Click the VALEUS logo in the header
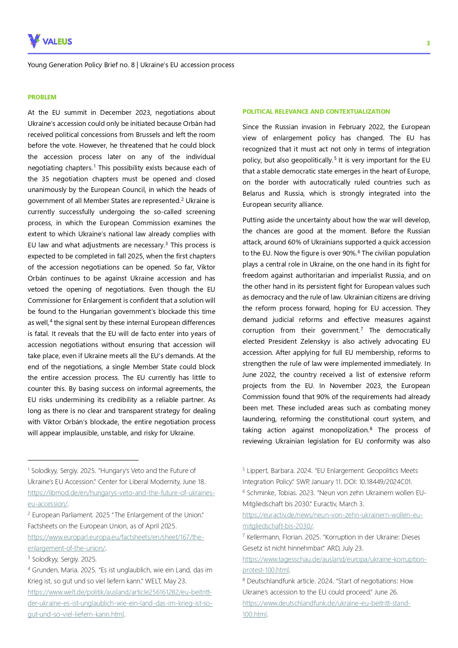pos(50,41)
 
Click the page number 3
pos(428,43)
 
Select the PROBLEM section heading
pos(42,97)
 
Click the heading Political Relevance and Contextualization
pos(316,112)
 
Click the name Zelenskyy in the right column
pos(313,342)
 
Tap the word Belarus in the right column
pos(253,193)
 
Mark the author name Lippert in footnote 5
pos(257,471)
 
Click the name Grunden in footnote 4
pos(44,570)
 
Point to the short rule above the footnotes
pos(83,460)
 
